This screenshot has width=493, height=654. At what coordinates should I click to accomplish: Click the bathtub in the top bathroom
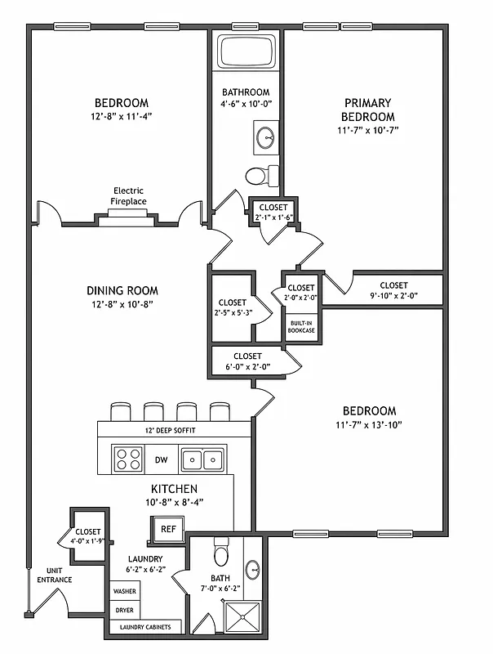click(247, 54)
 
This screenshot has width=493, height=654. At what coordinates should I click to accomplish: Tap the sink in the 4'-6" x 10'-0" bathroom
click(266, 137)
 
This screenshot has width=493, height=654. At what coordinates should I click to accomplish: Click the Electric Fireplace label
click(128, 196)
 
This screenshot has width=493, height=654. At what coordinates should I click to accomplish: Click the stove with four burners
click(128, 459)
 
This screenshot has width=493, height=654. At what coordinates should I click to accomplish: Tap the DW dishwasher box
click(161, 460)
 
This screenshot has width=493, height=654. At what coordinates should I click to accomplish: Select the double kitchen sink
click(202, 459)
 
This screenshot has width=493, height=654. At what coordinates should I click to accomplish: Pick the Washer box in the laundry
click(124, 590)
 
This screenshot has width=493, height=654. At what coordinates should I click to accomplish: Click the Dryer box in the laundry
click(124, 610)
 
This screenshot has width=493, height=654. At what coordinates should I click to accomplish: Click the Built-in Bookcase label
click(301, 325)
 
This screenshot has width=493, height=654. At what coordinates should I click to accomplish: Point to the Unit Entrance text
click(54, 575)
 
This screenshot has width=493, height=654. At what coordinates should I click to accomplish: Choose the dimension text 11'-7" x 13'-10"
click(368, 424)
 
